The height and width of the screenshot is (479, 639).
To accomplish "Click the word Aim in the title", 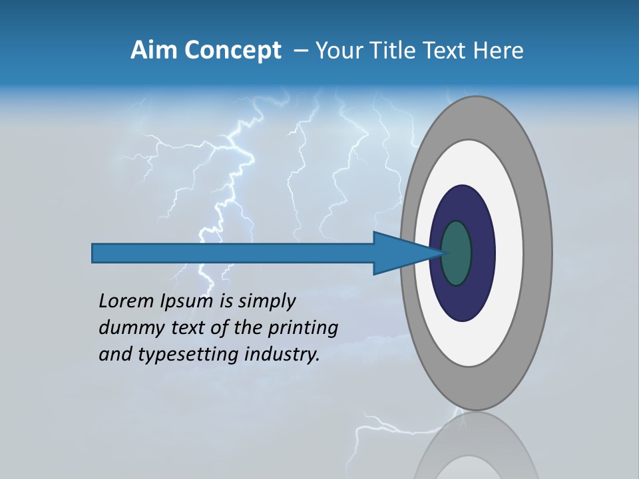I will coord(154,51).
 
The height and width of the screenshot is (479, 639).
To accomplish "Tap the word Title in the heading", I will coord(399,51).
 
